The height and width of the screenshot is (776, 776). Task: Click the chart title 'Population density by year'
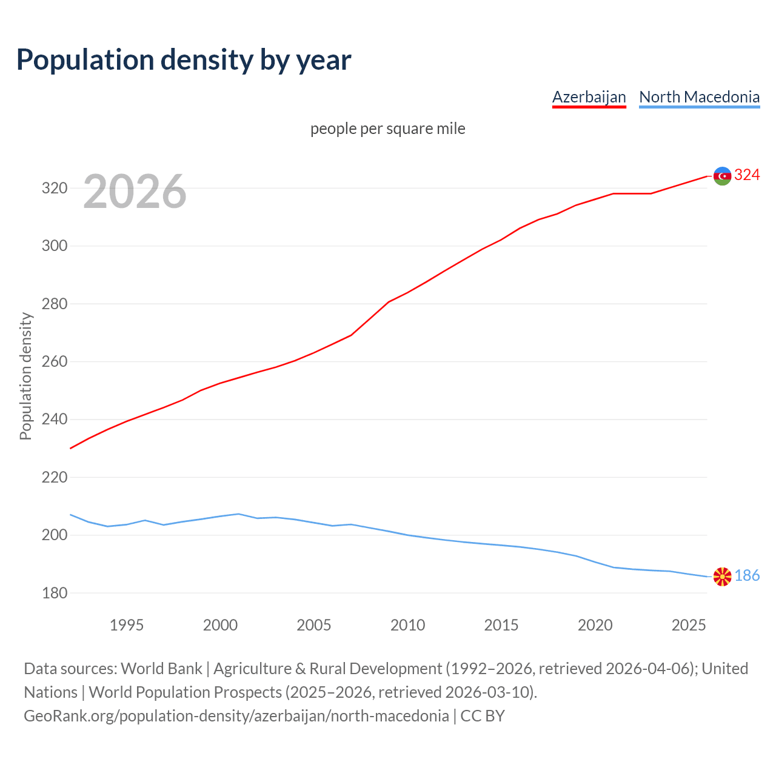click(x=184, y=59)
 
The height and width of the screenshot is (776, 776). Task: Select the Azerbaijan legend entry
click(x=589, y=97)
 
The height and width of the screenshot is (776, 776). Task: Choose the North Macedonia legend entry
click(x=699, y=97)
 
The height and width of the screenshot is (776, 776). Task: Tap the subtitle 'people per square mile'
click(x=388, y=129)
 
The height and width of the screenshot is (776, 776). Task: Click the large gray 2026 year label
click(x=135, y=192)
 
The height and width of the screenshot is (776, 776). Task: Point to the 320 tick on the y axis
click(x=54, y=188)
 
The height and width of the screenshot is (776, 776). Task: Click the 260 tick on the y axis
click(x=54, y=361)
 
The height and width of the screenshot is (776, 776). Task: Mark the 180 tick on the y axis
click(x=54, y=593)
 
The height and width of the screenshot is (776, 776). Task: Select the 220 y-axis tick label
click(x=54, y=477)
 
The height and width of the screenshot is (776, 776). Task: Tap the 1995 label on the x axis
click(x=126, y=625)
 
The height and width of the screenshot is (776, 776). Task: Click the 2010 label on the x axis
click(x=407, y=625)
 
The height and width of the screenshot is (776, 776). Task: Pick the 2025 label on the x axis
click(x=689, y=625)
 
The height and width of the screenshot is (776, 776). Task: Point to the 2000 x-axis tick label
click(x=220, y=625)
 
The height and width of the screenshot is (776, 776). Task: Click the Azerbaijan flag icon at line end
click(x=722, y=176)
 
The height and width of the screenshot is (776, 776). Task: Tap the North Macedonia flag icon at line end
click(x=722, y=577)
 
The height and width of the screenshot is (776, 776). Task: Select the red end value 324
click(x=747, y=175)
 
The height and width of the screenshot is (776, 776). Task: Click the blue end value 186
click(x=747, y=576)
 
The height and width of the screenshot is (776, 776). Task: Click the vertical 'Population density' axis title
click(x=25, y=376)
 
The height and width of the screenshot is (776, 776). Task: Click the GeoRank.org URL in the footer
click(x=236, y=716)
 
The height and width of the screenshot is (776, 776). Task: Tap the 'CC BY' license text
click(x=483, y=716)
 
